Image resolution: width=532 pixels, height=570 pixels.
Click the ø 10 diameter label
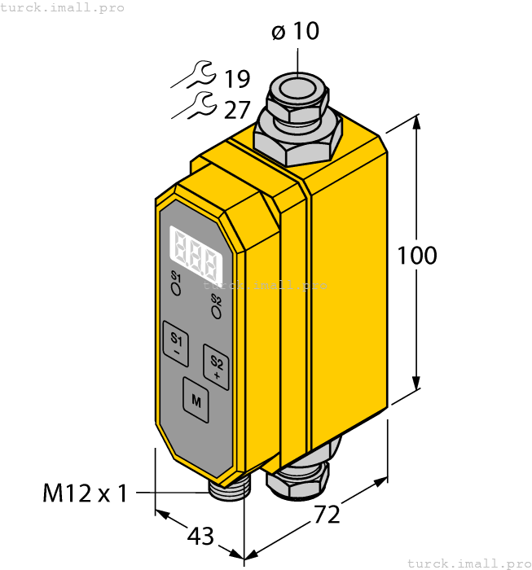pos(295,32)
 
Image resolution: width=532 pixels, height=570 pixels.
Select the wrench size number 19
pos(236,79)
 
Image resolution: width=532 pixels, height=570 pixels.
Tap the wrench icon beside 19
pos(195,77)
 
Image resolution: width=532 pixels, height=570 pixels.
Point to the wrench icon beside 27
pos(195,106)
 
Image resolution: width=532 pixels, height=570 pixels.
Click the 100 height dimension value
pos(417,256)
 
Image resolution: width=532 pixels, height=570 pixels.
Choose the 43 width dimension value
pos(200,537)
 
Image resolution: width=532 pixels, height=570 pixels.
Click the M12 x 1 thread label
pos(86,493)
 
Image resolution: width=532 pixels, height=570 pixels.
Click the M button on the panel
pos(196,399)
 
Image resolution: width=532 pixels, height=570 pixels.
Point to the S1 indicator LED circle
pos(175,288)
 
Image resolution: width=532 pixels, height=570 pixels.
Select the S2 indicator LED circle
pos(216,310)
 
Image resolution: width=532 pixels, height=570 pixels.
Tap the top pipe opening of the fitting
pos(298,85)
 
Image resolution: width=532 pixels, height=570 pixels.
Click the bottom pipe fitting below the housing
pos(302,476)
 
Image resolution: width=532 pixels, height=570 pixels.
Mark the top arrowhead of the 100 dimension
pos(418,125)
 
